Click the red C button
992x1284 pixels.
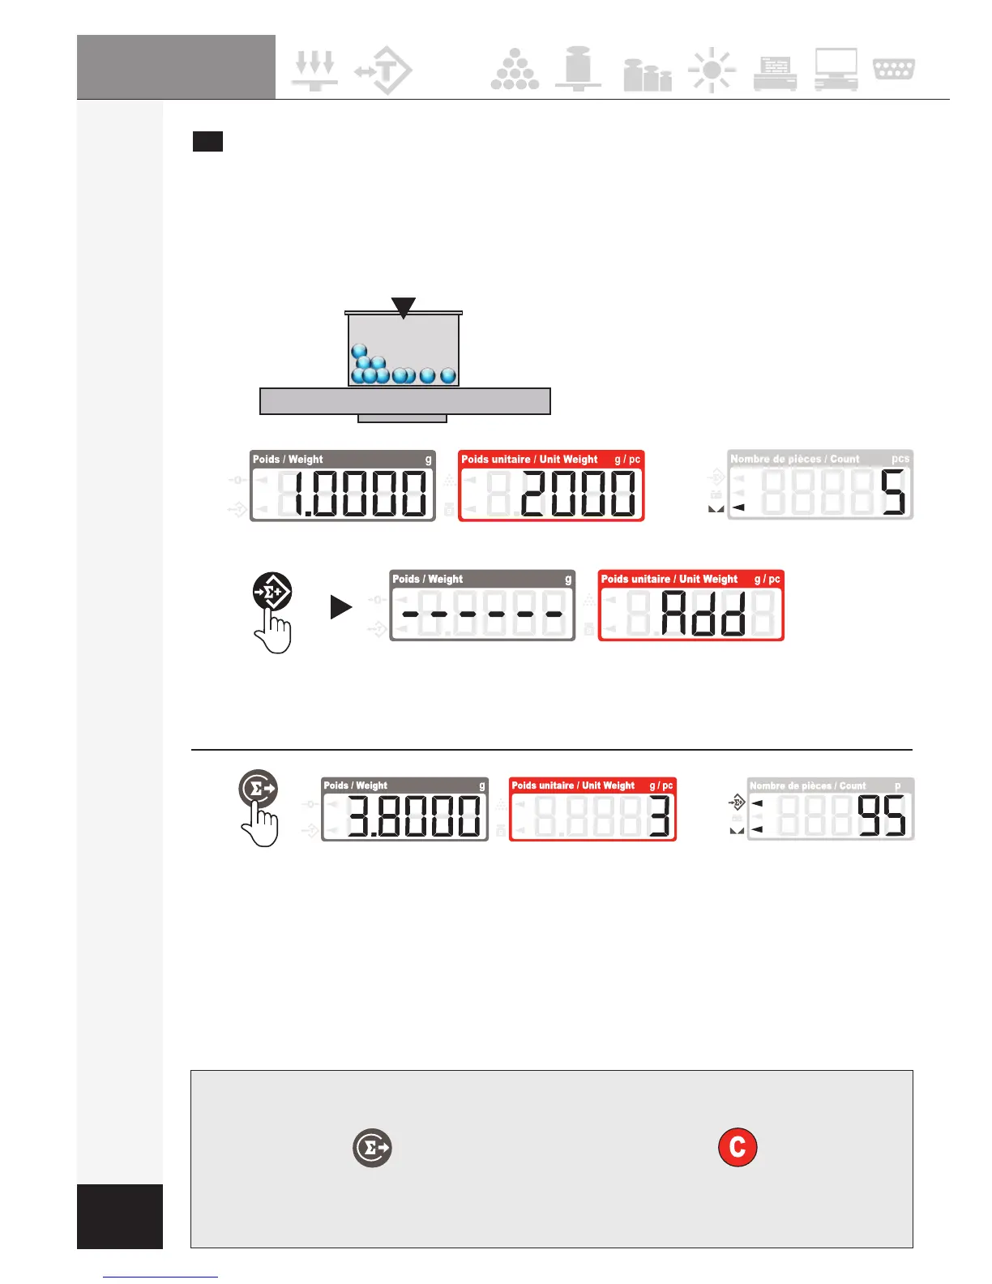pyautogui.click(x=738, y=1147)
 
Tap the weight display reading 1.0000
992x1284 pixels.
pyautogui.click(x=343, y=486)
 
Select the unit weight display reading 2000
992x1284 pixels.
pyautogui.click(x=551, y=486)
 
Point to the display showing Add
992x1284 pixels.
pyautogui.click(x=691, y=606)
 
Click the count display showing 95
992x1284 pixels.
pyautogui.click(x=831, y=808)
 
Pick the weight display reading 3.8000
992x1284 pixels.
pyautogui.click(x=405, y=808)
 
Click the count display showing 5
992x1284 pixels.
pyautogui.click(x=820, y=485)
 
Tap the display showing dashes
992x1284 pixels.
pyautogui.click(x=482, y=606)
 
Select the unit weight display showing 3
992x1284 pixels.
pyautogui.click(x=592, y=808)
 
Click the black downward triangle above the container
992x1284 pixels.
pyautogui.click(x=404, y=306)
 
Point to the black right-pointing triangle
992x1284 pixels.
pyautogui.click(x=341, y=607)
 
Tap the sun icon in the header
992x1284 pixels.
pyautogui.click(x=712, y=71)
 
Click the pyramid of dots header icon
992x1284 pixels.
pyautogui.click(x=515, y=70)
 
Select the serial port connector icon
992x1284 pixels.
pyautogui.click(x=894, y=69)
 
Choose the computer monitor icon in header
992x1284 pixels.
pyautogui.click(x=836, y=70)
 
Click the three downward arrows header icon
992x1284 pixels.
pyautogui.click(x=314, y=70)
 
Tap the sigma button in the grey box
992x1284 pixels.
pyautogui.click(x=372, y=1148)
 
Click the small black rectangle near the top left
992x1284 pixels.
pyautogui.click(x=207, y=142)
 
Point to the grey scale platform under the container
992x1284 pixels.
pyautogui.click(x=405, y=401)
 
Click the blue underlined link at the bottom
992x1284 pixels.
pyautogui.click(x=160, y=1277)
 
